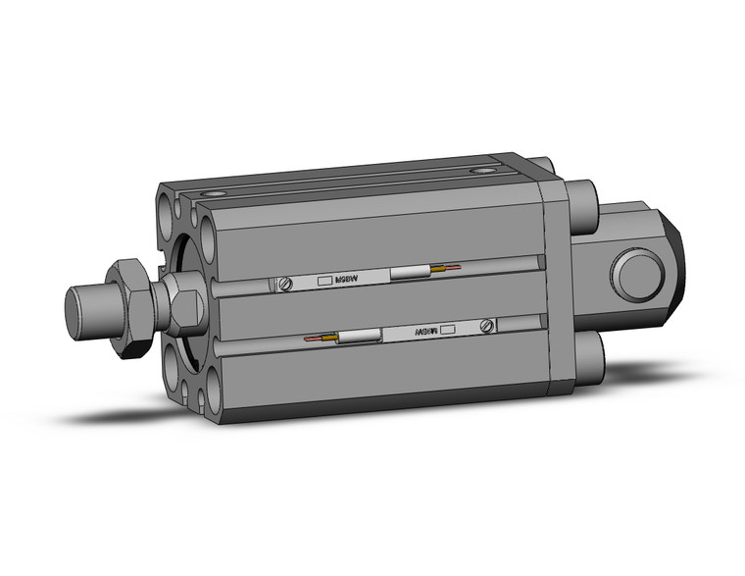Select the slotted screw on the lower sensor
click(x=485, y=325)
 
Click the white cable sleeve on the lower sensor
click(x=358, y=337)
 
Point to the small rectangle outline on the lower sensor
click(x=450, y=330)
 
